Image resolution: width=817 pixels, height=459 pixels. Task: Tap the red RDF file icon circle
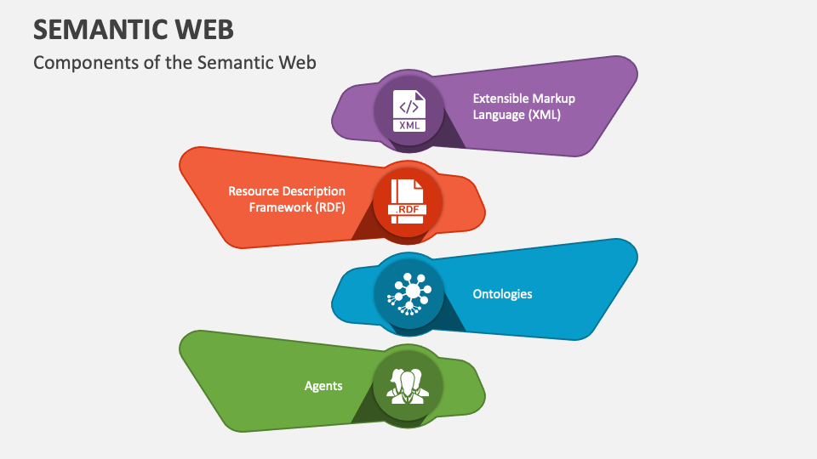click(406, 201)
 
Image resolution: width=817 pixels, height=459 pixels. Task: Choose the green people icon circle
click(408, 385)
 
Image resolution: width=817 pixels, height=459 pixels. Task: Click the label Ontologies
click(502, 294)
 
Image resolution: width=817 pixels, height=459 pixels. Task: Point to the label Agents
click(323, 386)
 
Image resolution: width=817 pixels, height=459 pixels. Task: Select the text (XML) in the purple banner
click(542, 115)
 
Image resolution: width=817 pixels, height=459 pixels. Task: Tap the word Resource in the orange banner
click(253, 191)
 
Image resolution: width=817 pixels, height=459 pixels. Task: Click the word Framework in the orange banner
click(276, 207)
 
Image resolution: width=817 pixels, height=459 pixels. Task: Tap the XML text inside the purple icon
click(409, 125)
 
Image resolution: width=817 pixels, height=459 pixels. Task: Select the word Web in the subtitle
click(298, 63)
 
